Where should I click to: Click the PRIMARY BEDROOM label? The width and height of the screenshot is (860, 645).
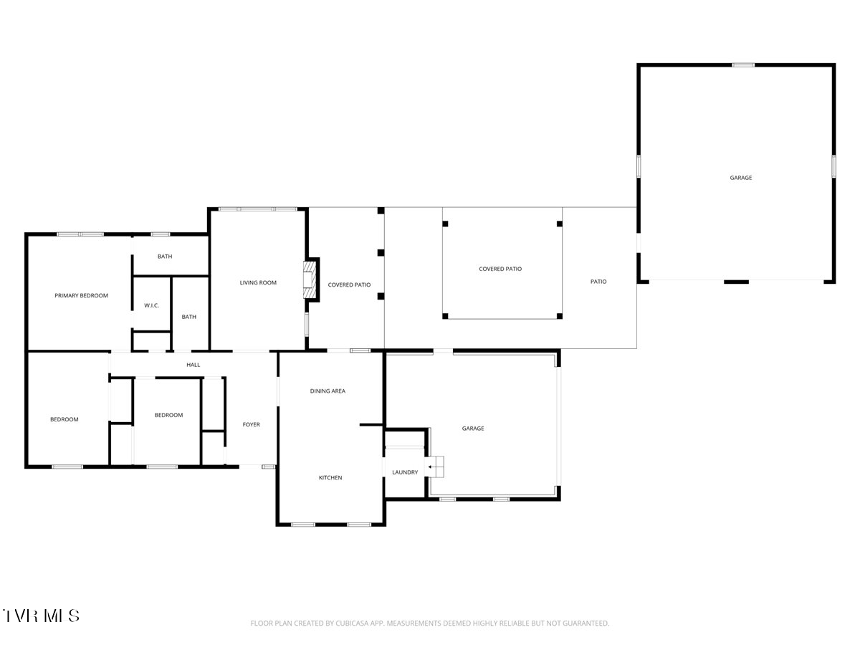tap(81, 296)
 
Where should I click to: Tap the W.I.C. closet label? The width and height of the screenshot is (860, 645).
tap(152, 305)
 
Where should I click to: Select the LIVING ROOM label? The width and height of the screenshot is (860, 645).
tap(258, 283)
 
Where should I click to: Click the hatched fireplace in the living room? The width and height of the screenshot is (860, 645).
tap(309, 279)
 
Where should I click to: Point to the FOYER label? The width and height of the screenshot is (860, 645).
tap(251, 424)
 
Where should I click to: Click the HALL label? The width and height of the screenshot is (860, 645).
tap(193, 365)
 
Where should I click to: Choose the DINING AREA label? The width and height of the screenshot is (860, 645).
tap(328, 391)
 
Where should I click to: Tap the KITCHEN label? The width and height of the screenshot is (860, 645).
tap(330, 478)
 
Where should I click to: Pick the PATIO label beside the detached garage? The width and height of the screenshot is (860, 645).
tap(598, 282)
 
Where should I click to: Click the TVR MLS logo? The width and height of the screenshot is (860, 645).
tap(41, 616)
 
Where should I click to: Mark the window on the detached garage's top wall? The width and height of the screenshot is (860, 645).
tap(743, 65)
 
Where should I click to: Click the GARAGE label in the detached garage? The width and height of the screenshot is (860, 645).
tap(741, 178)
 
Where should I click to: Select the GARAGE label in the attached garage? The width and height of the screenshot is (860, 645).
tap(473, 429)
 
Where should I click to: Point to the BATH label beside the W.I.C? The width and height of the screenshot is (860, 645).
tap(189, 317)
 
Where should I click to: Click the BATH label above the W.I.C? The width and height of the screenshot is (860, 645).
tap(165, 257)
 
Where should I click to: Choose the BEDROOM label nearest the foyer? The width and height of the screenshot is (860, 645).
tap(168, 415)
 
